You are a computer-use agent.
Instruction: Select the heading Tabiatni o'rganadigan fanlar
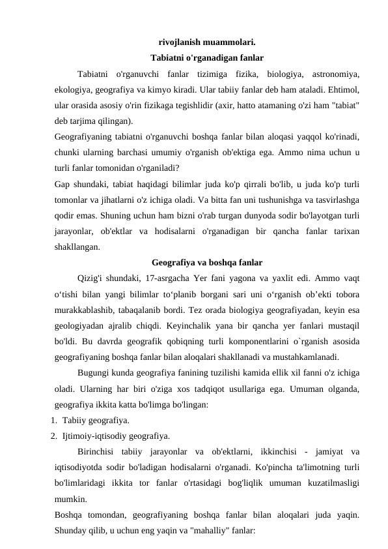[x=207, y=57]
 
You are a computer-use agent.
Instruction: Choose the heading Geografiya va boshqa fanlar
[x=207, y=263]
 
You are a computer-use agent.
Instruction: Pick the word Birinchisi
[x=99, y=451]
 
